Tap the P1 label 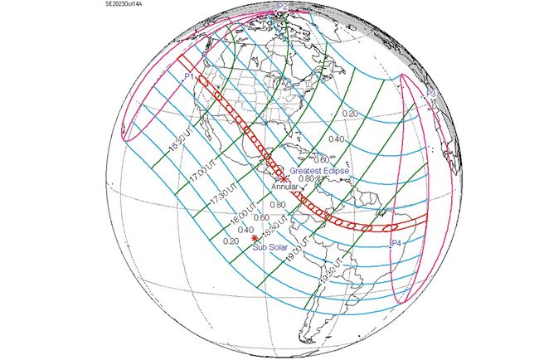tap(190, 76)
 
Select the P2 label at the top tap(283, 7)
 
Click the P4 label tap(396, 243)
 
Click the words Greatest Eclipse tap(319, 170)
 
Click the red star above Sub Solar tap(255, 238)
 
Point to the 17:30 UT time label tap(218, 199)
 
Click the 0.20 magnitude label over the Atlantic tap(350, 113)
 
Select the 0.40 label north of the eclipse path tap(336, 139)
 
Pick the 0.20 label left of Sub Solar tap(231, 241)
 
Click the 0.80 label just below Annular tap(278, 205)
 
